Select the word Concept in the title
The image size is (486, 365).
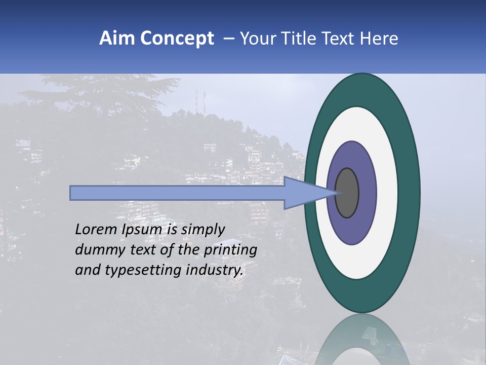click(x=177, y=39)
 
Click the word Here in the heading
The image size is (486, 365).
click(x=379, y=39)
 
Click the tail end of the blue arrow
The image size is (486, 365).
click(x=73, y=193)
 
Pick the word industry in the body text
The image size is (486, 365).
click(x=215, y=270)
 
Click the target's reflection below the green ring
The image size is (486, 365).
click(x=361, y=340)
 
